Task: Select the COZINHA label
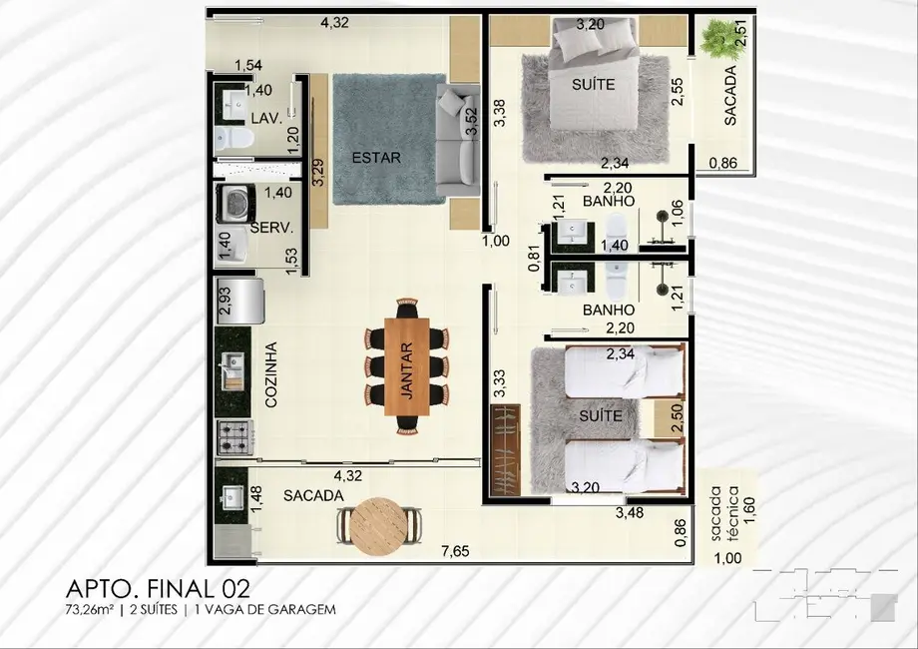coord(270,375)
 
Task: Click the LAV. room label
coord(264,118)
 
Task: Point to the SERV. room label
coord(271,228)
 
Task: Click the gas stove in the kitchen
coord(235,436)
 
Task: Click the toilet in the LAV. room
coord(231,137)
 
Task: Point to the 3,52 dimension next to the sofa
coord(472,120)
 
